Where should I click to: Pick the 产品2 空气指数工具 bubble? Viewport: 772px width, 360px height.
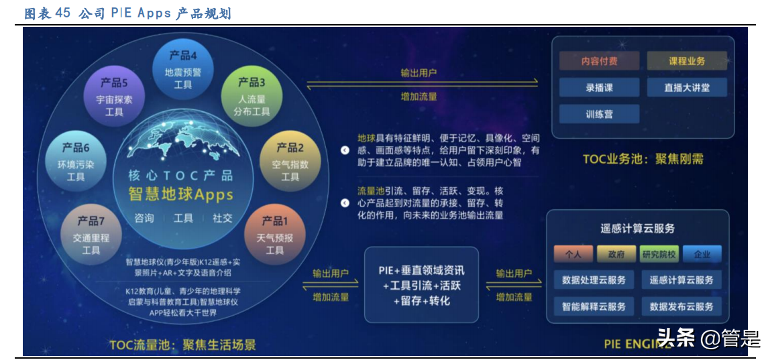pos(290,162)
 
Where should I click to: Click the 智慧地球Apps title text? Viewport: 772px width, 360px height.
pos(180,195)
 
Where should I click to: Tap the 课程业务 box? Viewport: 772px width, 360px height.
pos(686,61)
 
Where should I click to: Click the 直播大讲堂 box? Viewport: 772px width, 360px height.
pos(686,87)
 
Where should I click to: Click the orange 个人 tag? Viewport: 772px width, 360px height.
pos(572,254)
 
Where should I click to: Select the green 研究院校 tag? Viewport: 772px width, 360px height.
pos(659,254)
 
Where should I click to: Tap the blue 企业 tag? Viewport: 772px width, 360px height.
pos(702,254)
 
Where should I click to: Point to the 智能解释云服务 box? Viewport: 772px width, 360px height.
pos(594,306)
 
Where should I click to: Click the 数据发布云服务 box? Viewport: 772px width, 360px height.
pos(681,306)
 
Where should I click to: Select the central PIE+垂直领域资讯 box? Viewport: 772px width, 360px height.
pos(422,286)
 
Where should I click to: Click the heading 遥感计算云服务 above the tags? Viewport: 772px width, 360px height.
pos(637,229)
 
